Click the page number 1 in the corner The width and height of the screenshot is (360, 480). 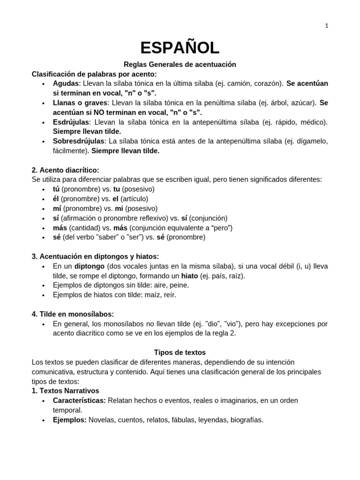pyautogui.click(x=327, y=26)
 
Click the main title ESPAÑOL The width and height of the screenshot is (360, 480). pyautogui.click(x=180, y=48)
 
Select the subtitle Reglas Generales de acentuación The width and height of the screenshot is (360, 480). pyautogui.click(x=180, y=64)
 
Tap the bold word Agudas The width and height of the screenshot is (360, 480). pyautogui.click(x=66, y=83)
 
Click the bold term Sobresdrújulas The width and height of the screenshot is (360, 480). pyautogui.click(x=78, y=141)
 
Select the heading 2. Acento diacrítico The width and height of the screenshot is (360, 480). pyautogui.click(x=66, y=170)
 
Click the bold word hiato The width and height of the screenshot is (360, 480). pyautogui.click(x=189, y=276)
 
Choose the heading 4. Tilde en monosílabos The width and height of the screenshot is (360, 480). pyautogui.click(x=73, y=314)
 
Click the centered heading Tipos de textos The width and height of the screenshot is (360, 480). pyautogui.click(x=180, y=352)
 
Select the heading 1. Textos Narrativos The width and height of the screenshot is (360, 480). pyautogui.click(x=65, y=390)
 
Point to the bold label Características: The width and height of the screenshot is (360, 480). pyautogui.click(x=79, y=401)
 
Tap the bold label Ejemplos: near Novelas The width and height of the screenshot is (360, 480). pyautogui.click(x=69, y=420)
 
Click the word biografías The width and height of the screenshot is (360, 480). pyautogui.click(x=246, y=420)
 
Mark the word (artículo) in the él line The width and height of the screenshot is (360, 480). pyautogui.click(x=134, y=199)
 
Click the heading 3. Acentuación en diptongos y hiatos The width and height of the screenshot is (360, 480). pyautogui.click(x=95, y=256)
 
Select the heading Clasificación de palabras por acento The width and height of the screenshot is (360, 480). pyautogui.click(x=94, y=74)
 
